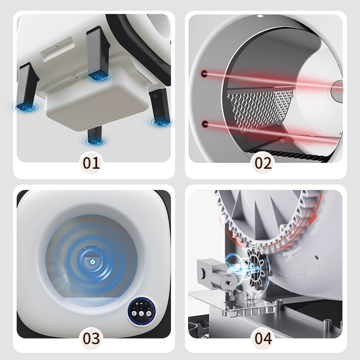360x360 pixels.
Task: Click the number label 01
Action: [x=91, y=163]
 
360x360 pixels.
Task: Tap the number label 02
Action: [x=263, y=163]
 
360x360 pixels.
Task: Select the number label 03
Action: [x=91, y=338]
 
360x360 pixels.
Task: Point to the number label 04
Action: [x=263, y=338]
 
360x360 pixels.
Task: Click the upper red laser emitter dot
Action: [x=204, y=74]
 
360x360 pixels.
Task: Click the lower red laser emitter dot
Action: [x=205, y=124]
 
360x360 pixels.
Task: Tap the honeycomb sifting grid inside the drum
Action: [x=260, y=108]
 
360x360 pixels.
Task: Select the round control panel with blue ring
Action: [x=141, y=310]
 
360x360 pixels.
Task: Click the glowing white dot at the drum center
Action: [x=93, y=262]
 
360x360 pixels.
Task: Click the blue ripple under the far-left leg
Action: [x=26, y=107]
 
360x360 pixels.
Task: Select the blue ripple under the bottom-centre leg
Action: [x=94, y=141]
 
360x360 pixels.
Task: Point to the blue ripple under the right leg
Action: [x=160, y=122]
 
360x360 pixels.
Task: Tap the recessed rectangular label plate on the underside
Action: [x=58, y=49]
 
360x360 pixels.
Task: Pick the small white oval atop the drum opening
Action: [x=260, y=16]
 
